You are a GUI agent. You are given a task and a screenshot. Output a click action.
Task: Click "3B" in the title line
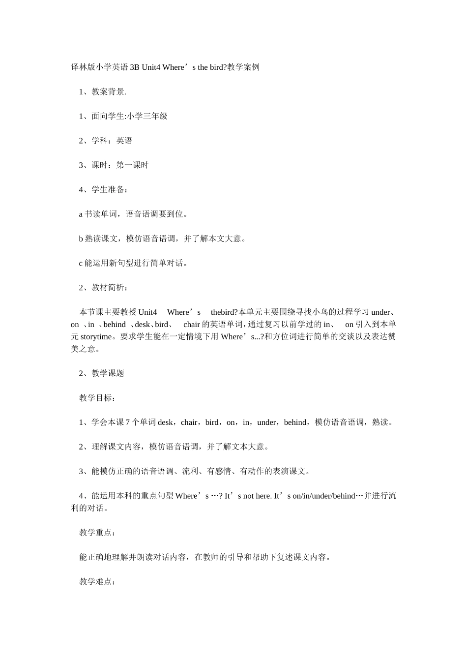(135, 67)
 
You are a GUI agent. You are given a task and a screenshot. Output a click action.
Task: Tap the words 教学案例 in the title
(243, 67)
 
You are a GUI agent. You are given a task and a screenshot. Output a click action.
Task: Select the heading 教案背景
(108, 92)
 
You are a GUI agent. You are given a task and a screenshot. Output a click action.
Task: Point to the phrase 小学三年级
(147, 116)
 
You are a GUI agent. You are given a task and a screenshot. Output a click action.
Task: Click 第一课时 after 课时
(132, 165)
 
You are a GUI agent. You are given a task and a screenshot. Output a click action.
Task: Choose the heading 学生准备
(108, 190)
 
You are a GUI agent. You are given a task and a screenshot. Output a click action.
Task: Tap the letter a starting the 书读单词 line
(81, 214)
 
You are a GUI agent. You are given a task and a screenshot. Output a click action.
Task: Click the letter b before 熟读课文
(81, 239)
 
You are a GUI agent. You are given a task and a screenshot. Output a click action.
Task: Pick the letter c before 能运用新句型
(81, 264)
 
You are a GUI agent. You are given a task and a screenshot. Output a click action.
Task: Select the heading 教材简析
(108, 288)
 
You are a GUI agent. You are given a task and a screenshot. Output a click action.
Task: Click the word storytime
(96, 337)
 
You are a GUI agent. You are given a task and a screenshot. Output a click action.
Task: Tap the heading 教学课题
(108, 373)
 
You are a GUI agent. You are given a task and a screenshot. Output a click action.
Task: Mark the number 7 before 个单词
(128, 422)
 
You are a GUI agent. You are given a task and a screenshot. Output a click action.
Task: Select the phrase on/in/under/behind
(323, 496)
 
